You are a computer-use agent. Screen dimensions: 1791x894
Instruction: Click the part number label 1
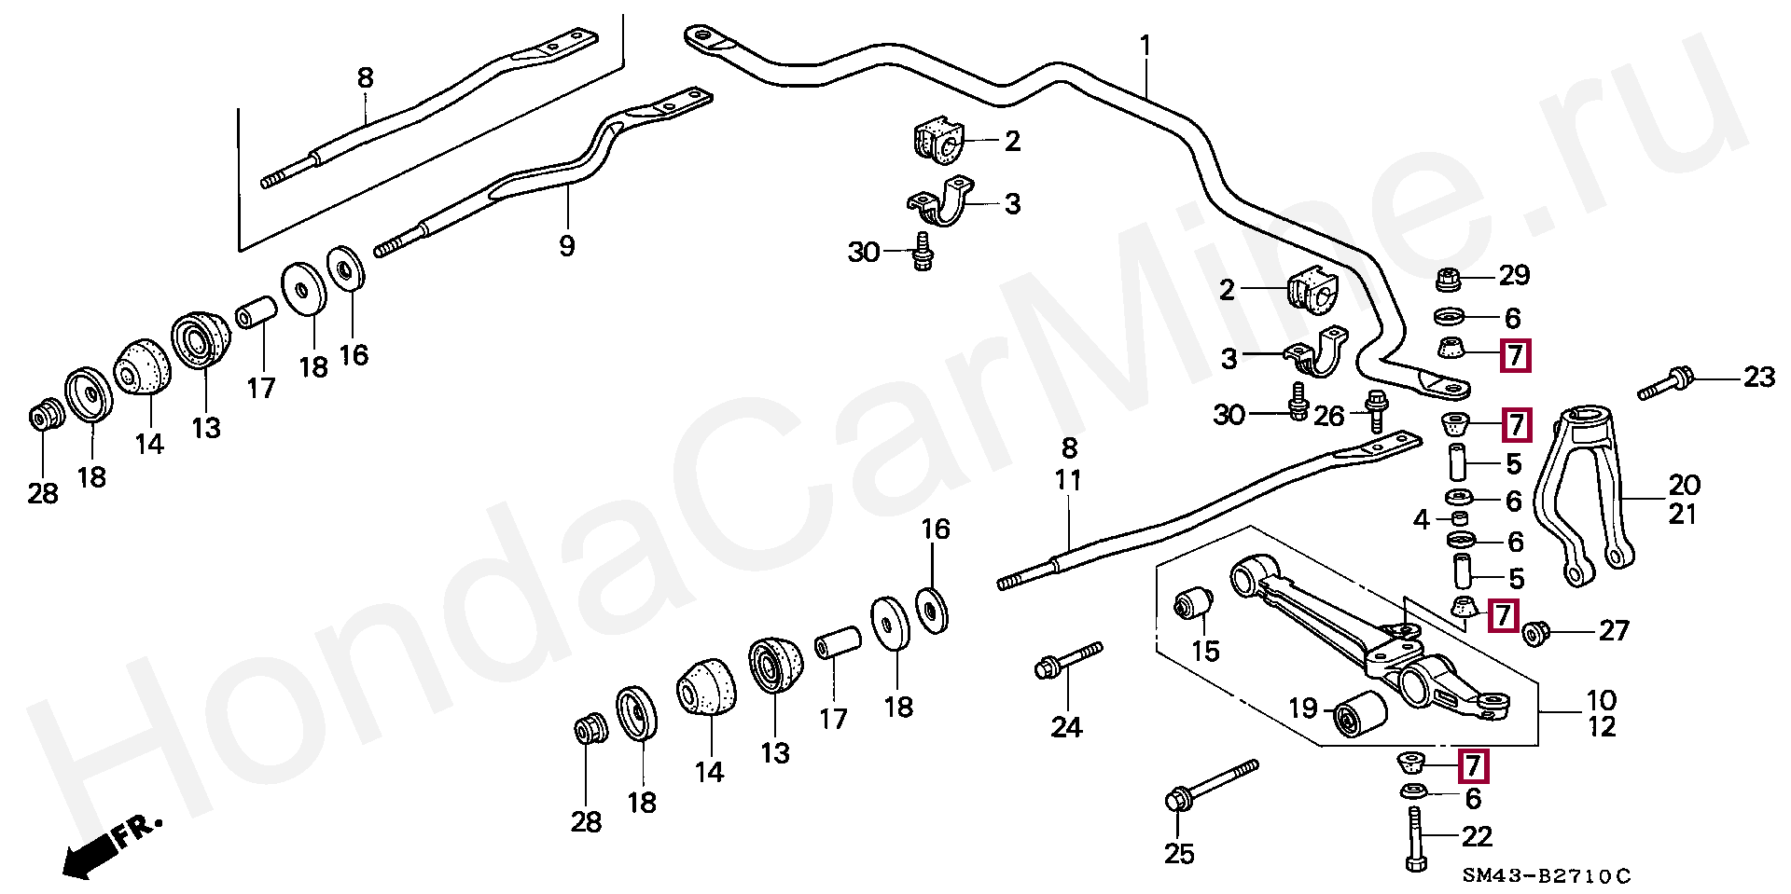[x=1145, y=46]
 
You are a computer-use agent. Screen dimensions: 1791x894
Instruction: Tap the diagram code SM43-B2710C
[x=1546, y=876]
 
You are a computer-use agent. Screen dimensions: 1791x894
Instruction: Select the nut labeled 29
[x=1448, y=278]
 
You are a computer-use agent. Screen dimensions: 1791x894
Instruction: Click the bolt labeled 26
[x=1376, y=410]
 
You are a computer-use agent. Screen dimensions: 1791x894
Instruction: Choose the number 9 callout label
[x=566, y=246]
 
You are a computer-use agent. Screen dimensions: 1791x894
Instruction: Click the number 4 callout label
[x=1421, y=519]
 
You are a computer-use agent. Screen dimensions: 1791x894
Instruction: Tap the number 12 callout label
[x=1602, y=726]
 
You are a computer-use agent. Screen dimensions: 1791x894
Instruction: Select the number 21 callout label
[x=1682, y=514]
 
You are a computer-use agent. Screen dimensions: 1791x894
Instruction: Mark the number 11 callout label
[x=1068, y=480]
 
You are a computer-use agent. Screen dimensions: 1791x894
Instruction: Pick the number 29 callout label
[x=1514, y=275]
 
